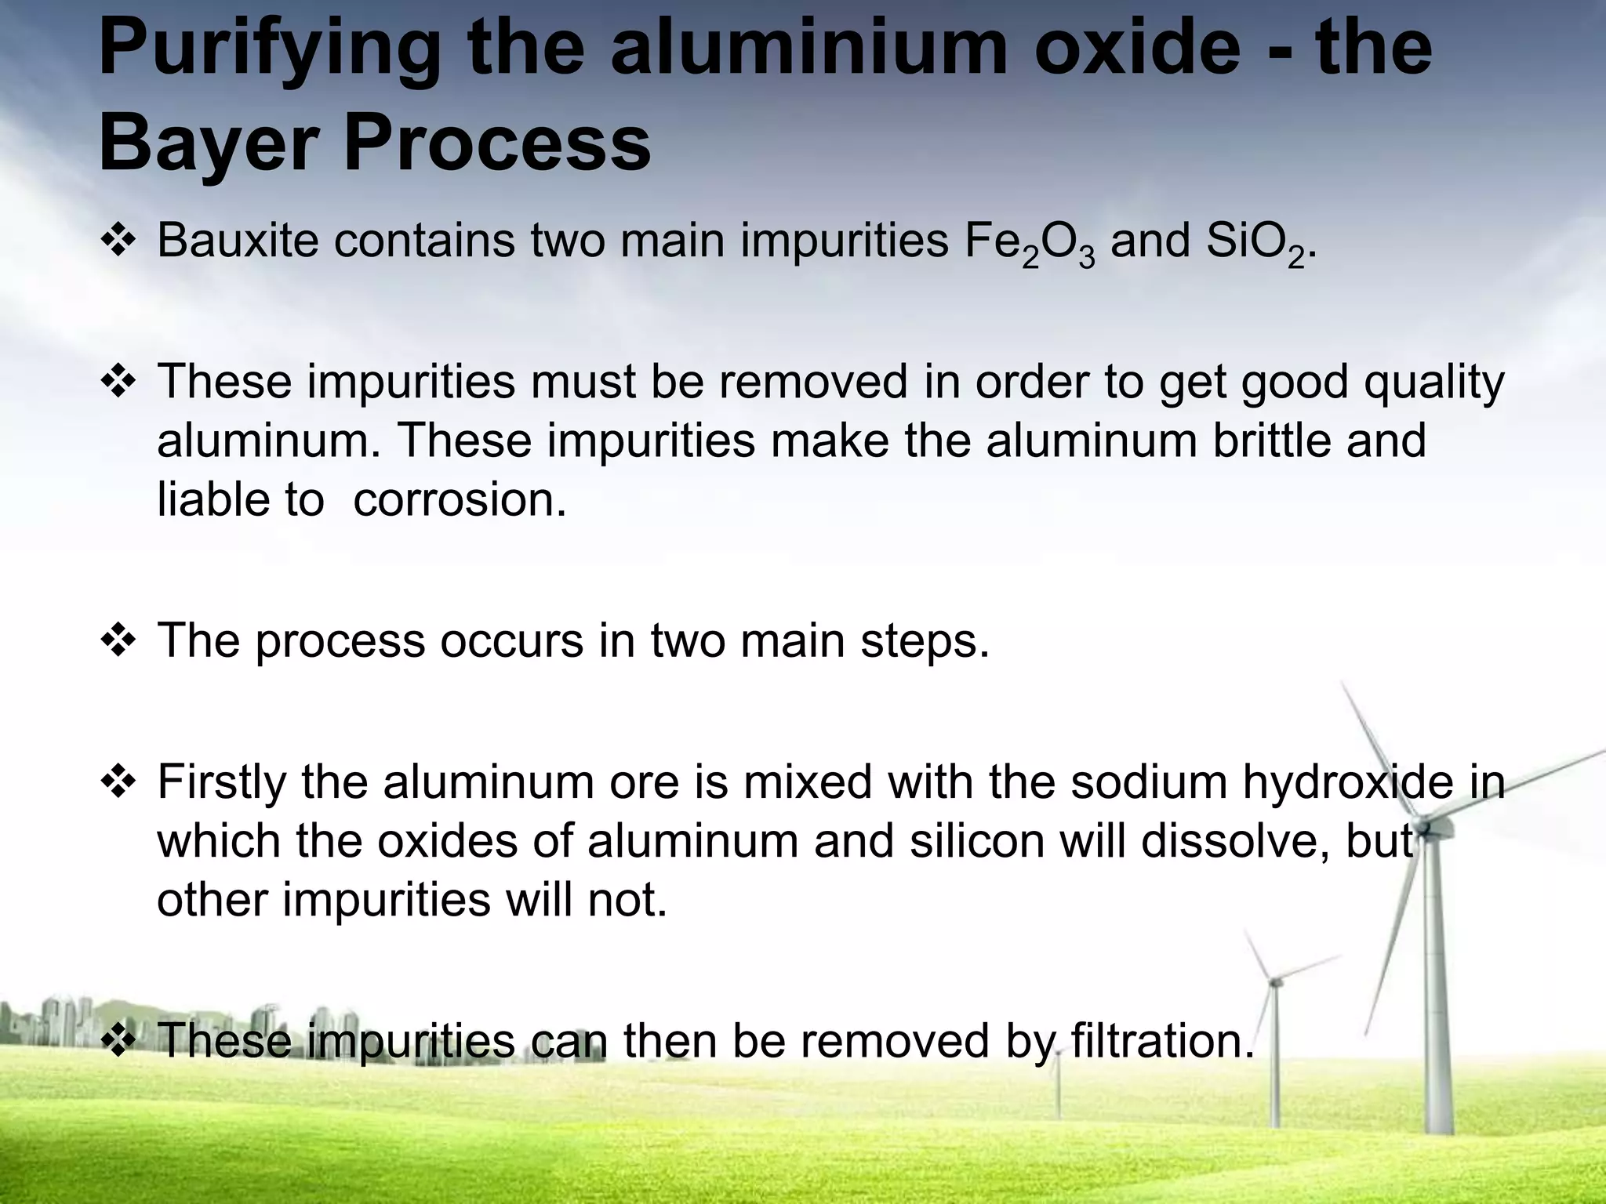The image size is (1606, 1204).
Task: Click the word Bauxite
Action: (238, 240)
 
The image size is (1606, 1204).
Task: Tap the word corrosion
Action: (460, 499)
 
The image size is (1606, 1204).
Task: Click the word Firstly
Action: (222, 783)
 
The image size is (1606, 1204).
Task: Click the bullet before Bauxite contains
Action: (118, 241)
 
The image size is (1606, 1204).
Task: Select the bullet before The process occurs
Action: (118, 641)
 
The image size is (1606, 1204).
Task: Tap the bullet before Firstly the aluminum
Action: (118, 782)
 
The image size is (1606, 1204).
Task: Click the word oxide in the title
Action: (1171, 49)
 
